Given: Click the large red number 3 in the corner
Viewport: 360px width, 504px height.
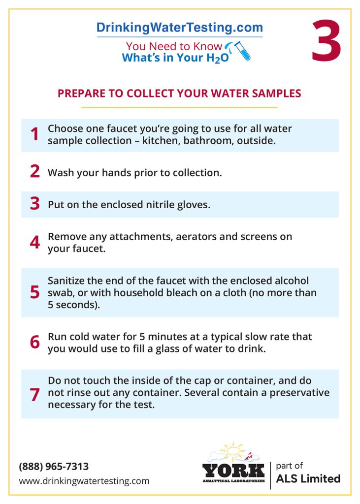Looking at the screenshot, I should (x=326, y=41).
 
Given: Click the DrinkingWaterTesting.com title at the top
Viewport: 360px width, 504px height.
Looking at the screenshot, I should (x=179, y=28).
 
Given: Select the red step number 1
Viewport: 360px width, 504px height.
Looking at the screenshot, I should (x=34, y=134).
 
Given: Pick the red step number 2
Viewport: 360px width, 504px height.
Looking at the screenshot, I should (x=34, y=171).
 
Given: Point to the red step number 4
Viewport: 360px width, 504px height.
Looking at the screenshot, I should (x=34, y=243).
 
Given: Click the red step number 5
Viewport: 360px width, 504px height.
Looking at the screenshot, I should (x=34, y=292).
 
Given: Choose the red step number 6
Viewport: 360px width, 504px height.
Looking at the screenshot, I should (x=34, y=343).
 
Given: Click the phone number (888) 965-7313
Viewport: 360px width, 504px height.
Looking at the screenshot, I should (x=54, y=466).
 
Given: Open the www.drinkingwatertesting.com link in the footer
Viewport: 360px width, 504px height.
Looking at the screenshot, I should (x=84, y=481).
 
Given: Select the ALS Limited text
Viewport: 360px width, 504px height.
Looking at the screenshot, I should (x=308, y=478).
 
